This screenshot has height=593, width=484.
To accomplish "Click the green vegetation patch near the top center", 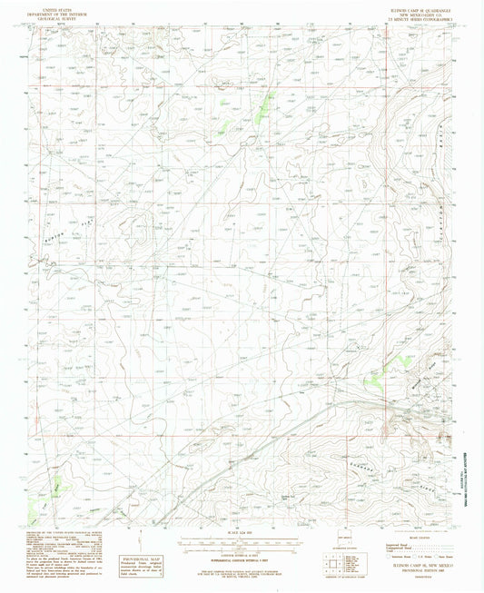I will point(265,107).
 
